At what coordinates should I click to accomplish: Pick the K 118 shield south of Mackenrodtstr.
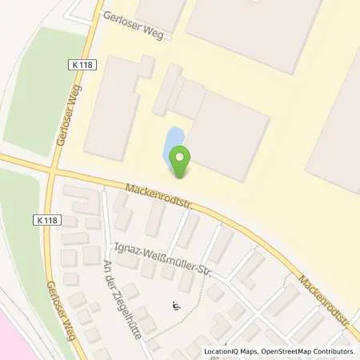coord(46,218)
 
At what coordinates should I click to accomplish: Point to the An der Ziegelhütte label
coord(119,306)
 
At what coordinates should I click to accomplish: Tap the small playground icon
coord(177,305)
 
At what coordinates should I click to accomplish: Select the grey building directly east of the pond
coord(229,136)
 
